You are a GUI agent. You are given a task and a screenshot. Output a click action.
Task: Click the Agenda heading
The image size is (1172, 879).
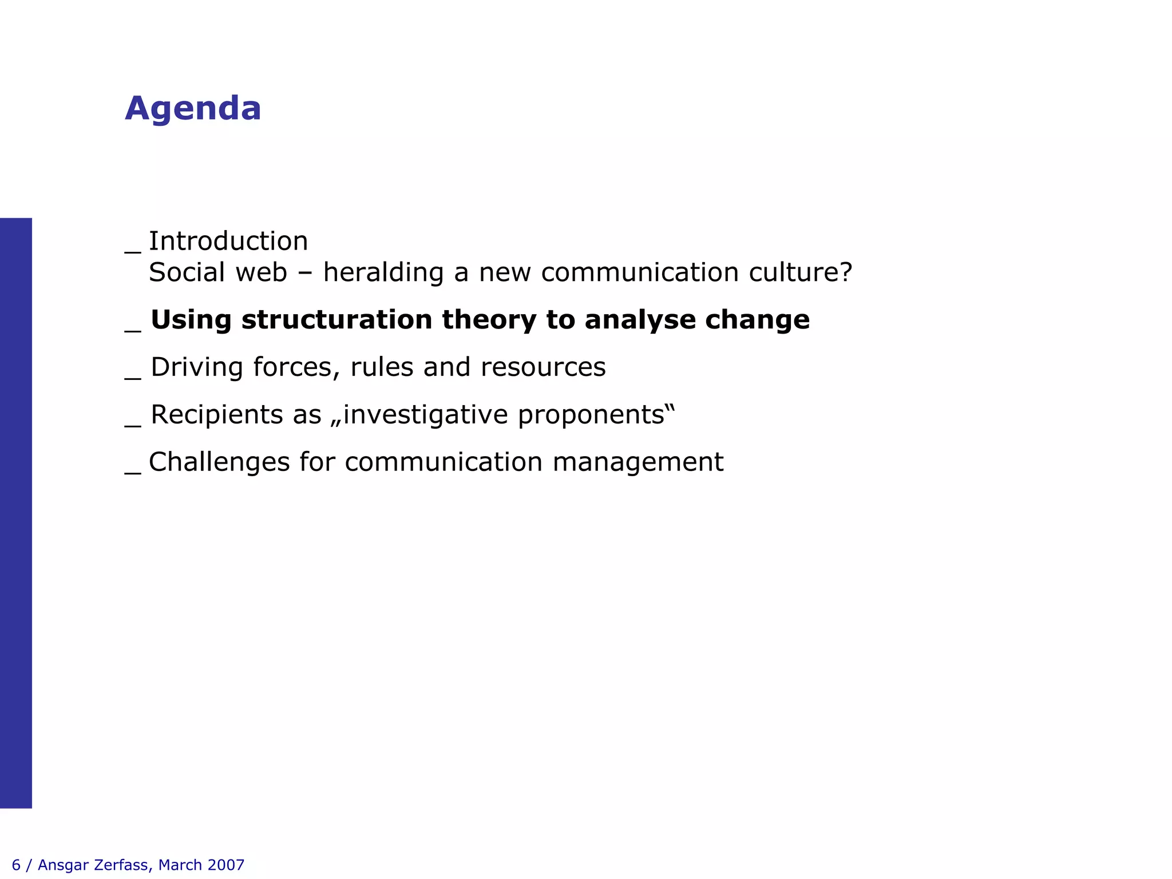[x=193, y=108]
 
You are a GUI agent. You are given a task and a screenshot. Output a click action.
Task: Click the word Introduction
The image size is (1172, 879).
[x=228, y=241]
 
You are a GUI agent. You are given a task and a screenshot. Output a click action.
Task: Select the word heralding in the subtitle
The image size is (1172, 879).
[x=383, y=272]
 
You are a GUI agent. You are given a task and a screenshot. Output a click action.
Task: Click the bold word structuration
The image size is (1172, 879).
[x=336, y=319]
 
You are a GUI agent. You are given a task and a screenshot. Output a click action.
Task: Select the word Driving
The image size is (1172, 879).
[x=197, y=367]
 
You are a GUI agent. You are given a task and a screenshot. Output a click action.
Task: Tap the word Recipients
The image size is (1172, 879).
[x=217, y=414]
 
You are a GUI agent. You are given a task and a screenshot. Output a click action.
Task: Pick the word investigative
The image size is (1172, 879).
[x=425, y=414]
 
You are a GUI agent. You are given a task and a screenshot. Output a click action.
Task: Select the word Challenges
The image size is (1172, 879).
[x=219, y=462]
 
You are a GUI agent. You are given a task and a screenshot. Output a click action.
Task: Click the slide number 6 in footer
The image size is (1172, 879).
[x=16, y=865]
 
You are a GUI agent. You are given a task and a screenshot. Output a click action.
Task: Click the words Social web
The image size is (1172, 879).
[x=217, y=272]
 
